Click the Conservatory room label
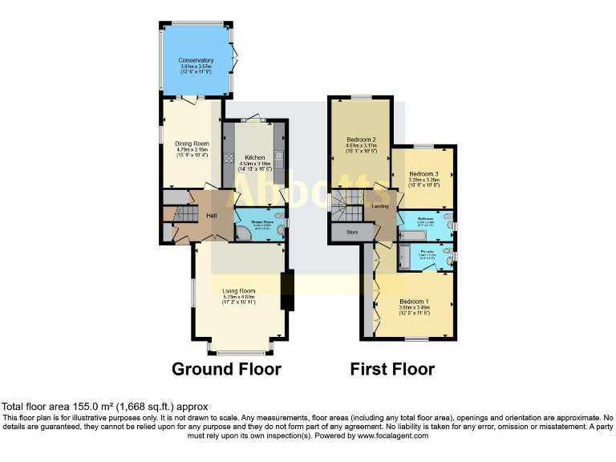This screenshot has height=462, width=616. pos(197,60)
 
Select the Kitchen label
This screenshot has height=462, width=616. pos(255,157)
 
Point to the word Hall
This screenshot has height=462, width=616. pos(212,216)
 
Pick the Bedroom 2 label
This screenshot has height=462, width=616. pos(362,138)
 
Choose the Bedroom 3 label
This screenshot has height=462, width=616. pos(424,174)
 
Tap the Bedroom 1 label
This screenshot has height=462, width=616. pos(415,301)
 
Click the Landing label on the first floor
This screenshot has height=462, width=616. pos(381,206)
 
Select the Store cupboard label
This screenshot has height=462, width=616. pos(351,233)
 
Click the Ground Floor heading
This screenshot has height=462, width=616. pos(227,369)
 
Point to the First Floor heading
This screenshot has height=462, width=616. pos(392,369)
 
